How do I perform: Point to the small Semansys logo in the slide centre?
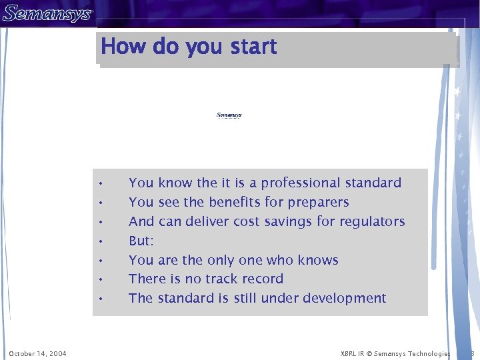coord(229,115)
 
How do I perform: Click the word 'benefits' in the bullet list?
coord(235,202)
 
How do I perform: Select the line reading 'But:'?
coord(141,241)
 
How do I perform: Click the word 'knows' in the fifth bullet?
coord(318,260)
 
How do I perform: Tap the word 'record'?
coord(263,279)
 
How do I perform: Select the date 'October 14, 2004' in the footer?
coord(37,353)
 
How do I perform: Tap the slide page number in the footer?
coord(472,353)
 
